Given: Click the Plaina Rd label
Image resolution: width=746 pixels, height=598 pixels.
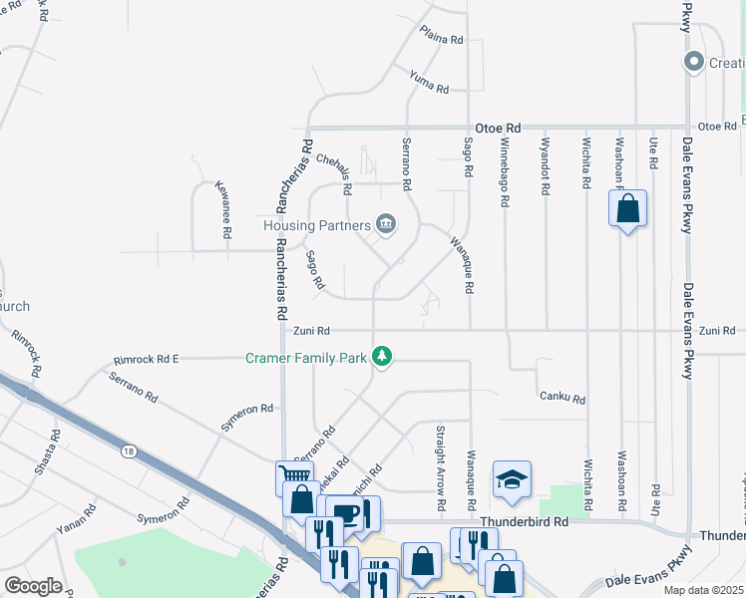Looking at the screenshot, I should point(441,36).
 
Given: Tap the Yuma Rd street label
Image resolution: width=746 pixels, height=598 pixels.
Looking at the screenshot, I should point(429,81).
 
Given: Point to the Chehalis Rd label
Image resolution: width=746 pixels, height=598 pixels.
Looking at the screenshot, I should point(334,172).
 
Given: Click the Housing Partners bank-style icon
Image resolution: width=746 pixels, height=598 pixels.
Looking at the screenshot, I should point(386,225).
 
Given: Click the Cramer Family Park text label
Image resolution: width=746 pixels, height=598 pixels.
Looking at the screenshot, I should point(307,356).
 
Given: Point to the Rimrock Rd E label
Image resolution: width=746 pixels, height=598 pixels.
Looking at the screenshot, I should point(146,359).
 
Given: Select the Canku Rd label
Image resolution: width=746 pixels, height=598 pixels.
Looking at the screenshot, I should point(562,398).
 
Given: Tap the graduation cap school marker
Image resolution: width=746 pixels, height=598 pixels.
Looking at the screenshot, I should point(512,480).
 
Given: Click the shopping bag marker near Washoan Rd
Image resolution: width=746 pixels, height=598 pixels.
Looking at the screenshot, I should point(627,210).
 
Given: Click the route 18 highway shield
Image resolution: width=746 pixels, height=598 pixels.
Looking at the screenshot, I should point(127,451).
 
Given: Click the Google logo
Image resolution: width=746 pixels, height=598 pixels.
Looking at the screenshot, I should point(32,586).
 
